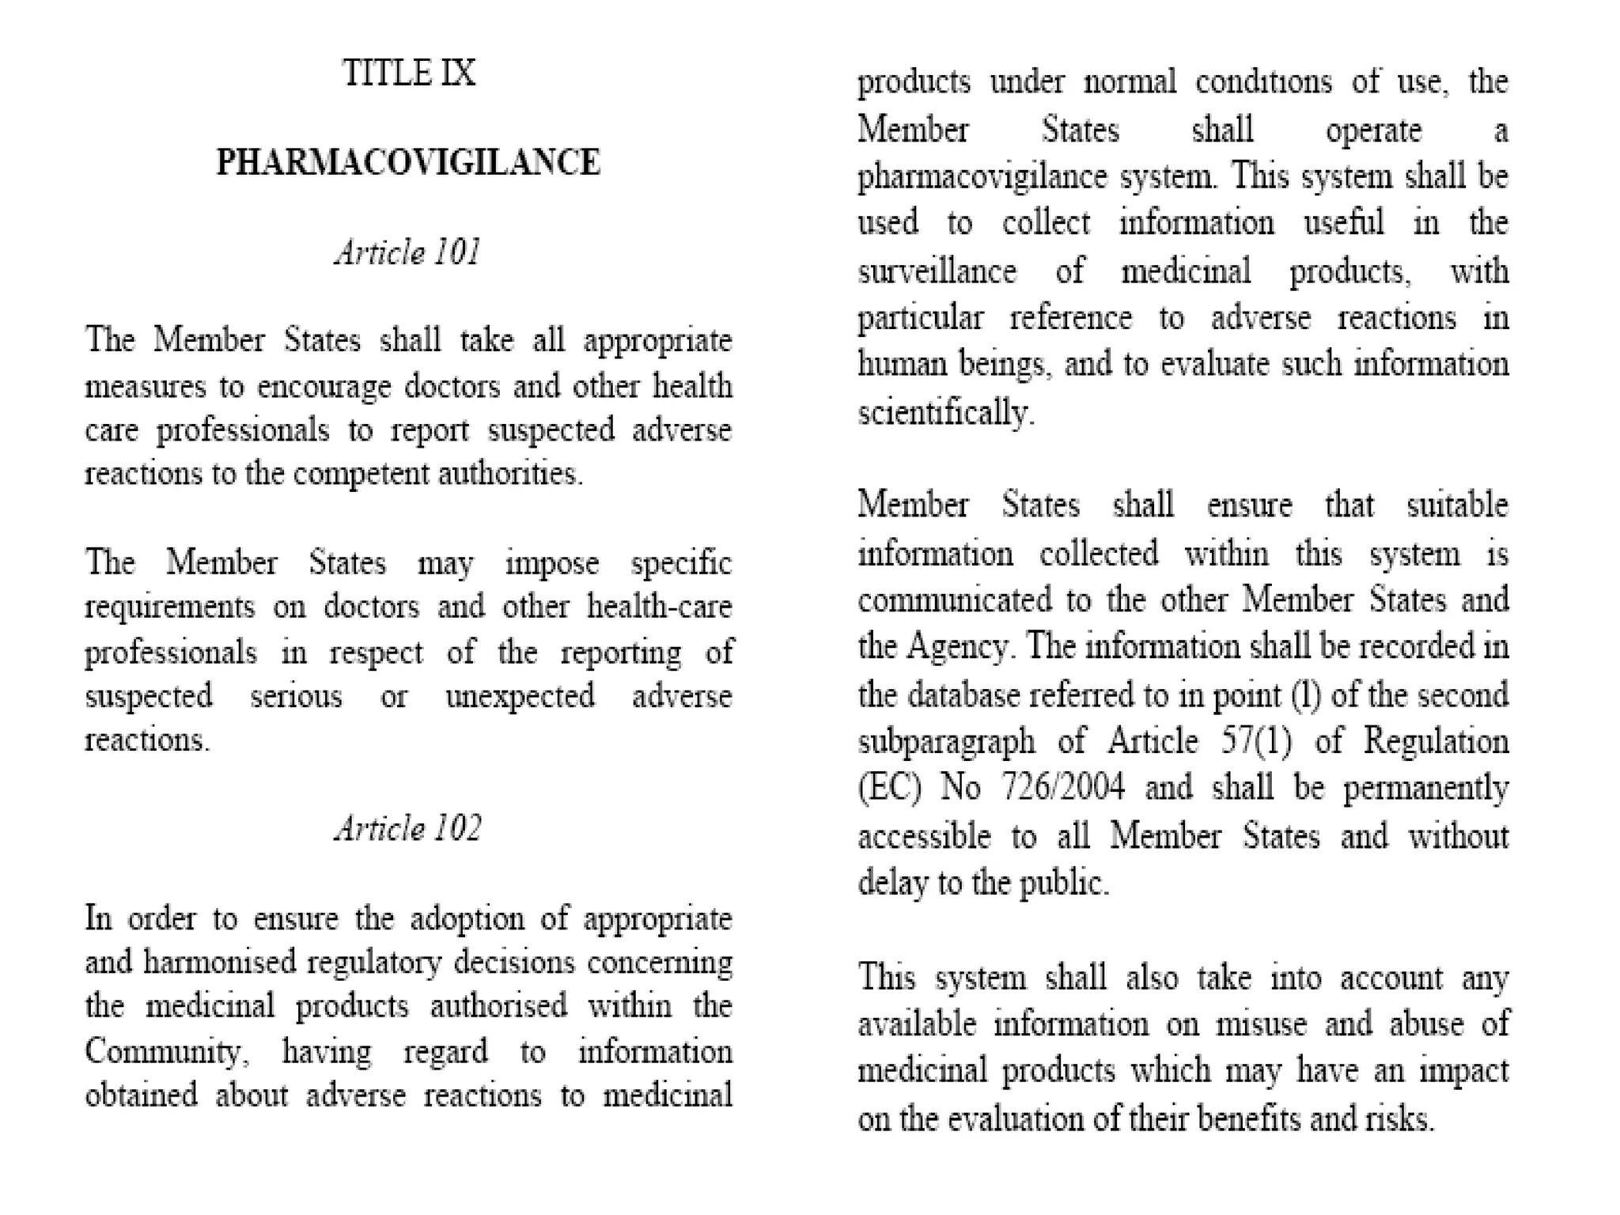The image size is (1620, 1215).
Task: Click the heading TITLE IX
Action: (409, 74)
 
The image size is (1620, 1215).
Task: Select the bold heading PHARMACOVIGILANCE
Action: (408, 163)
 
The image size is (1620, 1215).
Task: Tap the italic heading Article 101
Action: (408, 253)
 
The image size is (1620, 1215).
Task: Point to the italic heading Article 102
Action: (408, 829)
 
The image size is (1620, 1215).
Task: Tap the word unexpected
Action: (520, 697)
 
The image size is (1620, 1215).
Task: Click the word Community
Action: (164, 1052)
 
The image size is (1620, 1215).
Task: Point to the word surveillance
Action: (937, 272)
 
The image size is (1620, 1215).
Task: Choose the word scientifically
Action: (945, 413)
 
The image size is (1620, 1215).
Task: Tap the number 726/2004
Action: (1062, 788)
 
